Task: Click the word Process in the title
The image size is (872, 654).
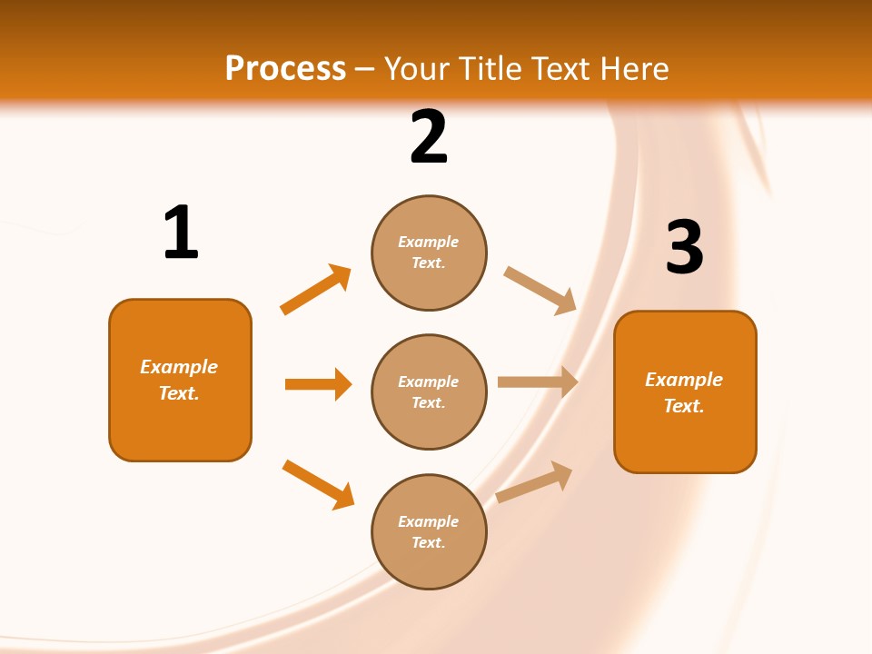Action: tap(285, 69)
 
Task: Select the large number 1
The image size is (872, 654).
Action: tap(181, 233)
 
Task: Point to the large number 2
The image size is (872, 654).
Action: tap(429, 137)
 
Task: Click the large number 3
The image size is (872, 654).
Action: tap(685, 247)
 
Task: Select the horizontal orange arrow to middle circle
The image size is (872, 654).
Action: tap(318, 384)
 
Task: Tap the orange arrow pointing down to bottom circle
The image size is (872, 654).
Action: tap(318, 484)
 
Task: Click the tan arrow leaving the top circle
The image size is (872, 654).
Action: tap(540, 289)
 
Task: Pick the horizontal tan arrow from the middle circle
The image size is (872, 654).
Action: tap(538, 382)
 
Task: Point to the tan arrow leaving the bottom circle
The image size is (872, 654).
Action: tap(534, 482)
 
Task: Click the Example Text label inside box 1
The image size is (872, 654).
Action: tap(179, 380)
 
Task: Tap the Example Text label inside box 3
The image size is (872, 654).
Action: tap(684, 392)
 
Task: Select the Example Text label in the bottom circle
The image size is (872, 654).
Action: tap(429, 532)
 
